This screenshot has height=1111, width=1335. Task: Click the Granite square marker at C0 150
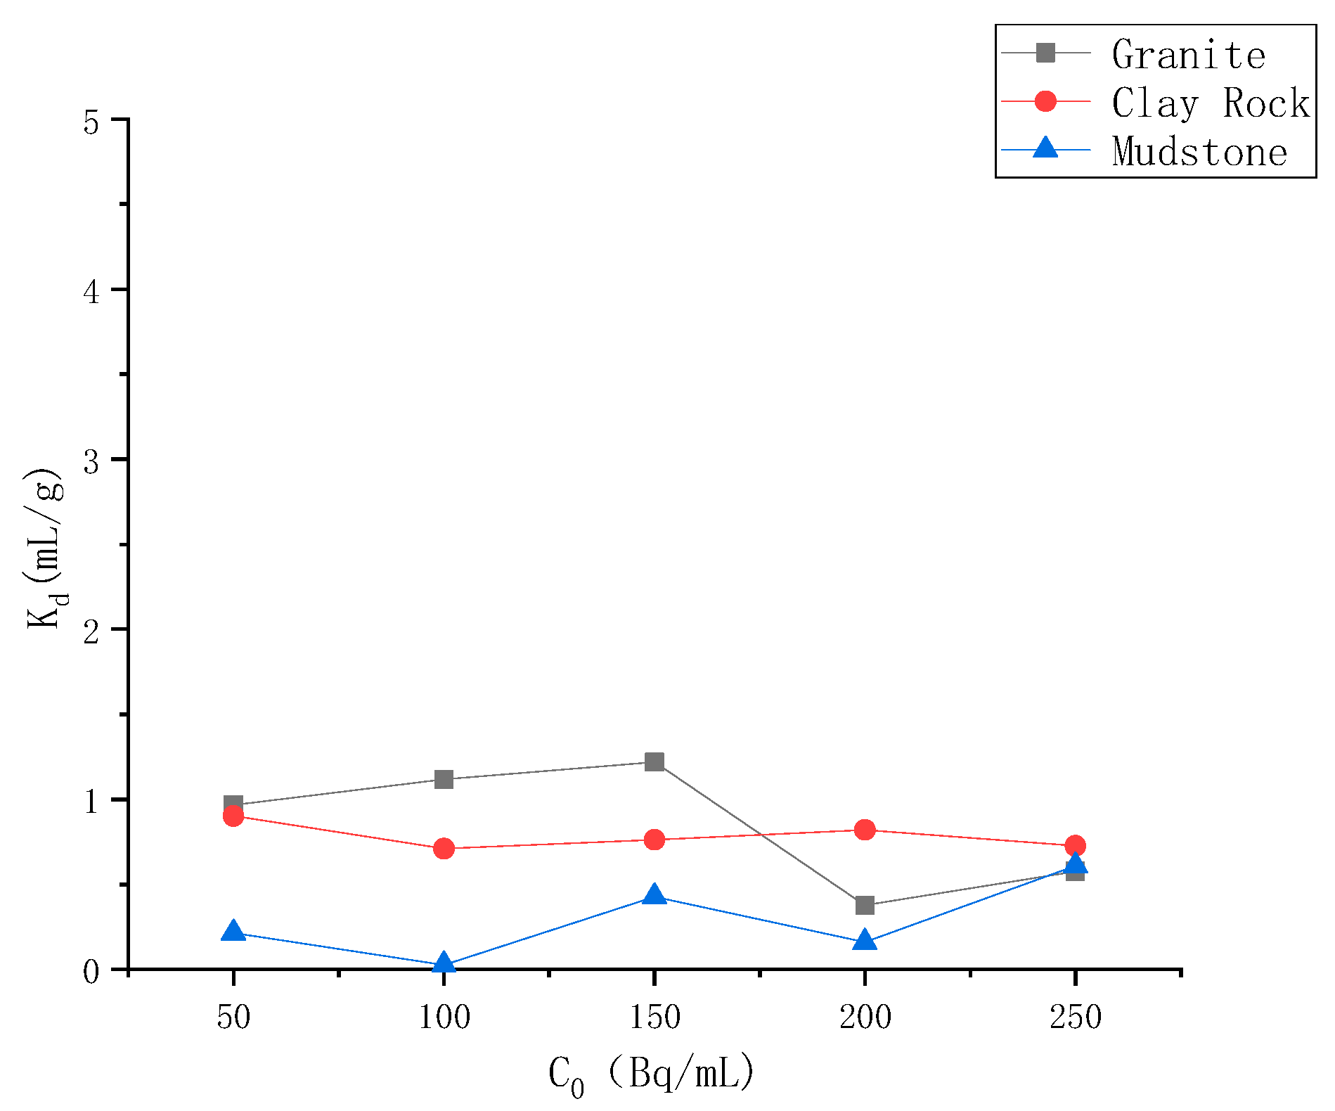coord(654,762)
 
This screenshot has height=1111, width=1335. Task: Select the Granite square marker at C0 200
coord(865,905)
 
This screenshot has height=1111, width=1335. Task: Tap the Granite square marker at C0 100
coord(444,779)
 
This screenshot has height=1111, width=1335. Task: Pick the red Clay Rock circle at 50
coord(233,816)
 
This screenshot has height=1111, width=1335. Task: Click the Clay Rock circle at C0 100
coord(444,849)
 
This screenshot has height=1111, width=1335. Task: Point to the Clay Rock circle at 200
coord(865,830)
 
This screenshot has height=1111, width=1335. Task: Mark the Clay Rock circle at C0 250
coord(1075,845)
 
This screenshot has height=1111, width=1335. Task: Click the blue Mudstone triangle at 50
coord(233,932)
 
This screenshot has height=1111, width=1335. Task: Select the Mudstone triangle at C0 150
coord(654,895)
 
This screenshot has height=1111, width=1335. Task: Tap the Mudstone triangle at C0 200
coord(865,940)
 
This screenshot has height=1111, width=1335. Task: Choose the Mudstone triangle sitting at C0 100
coord(444,963)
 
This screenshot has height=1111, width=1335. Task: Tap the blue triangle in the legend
coord(1045,148)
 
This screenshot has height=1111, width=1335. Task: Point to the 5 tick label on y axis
coord(92,122)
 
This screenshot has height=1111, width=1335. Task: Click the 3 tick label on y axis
coord(92,461)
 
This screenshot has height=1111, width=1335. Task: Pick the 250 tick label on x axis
coord(1075,1017)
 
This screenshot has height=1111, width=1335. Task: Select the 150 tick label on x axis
coord(654,1017)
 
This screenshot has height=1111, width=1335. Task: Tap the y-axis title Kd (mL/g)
coord(46,548)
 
